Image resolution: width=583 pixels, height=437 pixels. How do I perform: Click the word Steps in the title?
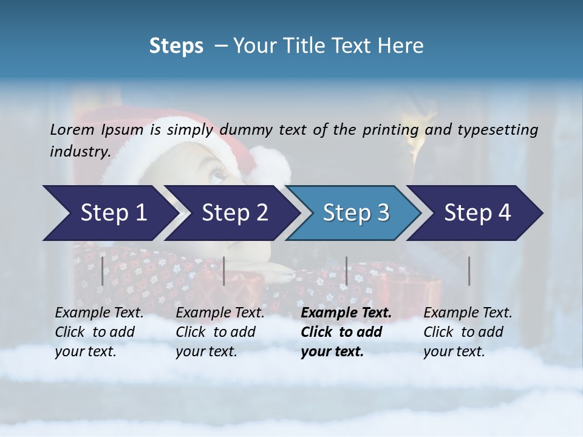point(176,46)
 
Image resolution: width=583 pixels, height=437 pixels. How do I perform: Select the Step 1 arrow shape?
point(109,213)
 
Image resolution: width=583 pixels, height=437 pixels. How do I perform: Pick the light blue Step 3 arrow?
point(355,213)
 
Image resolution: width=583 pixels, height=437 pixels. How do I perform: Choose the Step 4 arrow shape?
point(477,213)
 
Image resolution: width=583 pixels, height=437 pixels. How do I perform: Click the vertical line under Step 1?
point(102,271)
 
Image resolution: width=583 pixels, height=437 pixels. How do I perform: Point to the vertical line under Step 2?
point(224,271)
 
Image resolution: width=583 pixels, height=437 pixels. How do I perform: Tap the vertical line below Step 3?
point(346,271)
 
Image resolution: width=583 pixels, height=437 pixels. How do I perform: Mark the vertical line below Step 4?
point(469,271)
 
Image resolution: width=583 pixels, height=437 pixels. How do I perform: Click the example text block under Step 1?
point(99,332)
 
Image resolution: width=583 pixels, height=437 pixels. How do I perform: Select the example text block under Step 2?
point(220,332)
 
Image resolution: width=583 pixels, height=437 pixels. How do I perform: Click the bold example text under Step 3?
point(346,332)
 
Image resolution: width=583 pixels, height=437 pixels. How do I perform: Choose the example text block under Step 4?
point(468,332)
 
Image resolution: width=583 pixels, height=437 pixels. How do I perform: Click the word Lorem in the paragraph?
point(72,130)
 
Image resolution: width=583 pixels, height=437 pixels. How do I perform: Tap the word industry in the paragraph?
point(80,151)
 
